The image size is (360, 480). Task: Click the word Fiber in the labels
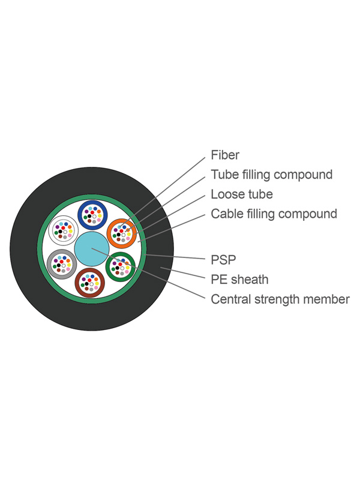[225, 155]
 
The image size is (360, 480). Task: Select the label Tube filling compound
[271, 175]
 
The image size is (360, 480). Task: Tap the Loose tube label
[241, 194]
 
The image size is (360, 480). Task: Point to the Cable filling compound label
[274, 214]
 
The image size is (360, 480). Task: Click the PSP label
[223, 260]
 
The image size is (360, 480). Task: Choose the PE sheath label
[239, 280]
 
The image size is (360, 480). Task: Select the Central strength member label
[280, 299]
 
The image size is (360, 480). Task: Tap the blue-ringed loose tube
[93, 215]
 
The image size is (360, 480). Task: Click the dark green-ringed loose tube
[121, 265]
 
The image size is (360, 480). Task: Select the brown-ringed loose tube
[90, 282]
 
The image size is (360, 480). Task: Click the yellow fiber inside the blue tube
[100, 212]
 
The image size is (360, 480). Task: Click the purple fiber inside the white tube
[56, 227]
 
